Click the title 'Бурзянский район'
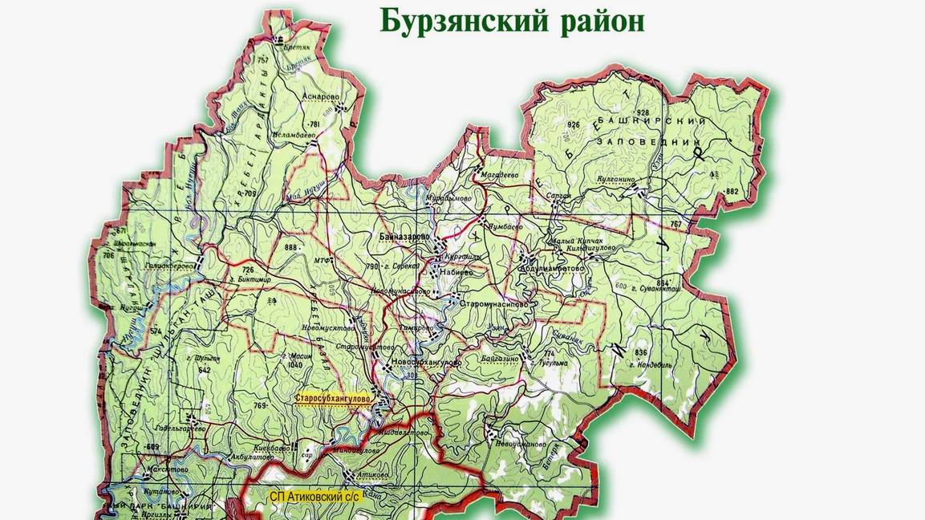pos(512,22)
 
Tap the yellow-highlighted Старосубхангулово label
pos(331,398)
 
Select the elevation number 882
pos(730,191)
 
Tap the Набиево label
pos(456,272)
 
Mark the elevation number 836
pos(640,353)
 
